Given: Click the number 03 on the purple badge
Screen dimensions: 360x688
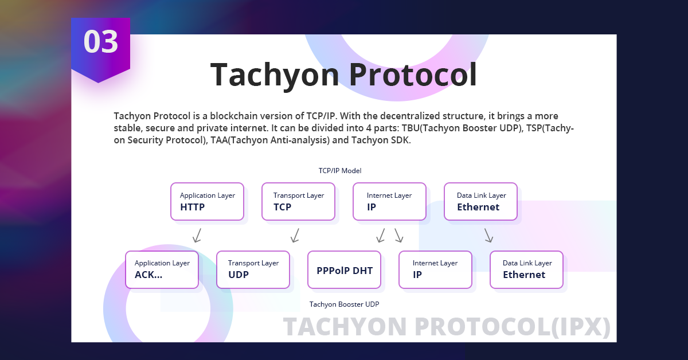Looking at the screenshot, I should [x=101, y=42].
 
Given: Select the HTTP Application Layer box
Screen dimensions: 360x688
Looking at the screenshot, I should [x=207, y=202].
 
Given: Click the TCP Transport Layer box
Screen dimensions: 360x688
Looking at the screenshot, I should [x=298, y=202].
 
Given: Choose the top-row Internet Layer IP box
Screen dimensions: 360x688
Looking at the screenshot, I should [x=389, y=202].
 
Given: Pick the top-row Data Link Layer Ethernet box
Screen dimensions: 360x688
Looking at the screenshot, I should [x=480, y=202].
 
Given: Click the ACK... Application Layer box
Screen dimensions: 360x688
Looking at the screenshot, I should [x=162, y=269].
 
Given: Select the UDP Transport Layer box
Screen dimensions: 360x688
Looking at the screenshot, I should [x=253, y=269].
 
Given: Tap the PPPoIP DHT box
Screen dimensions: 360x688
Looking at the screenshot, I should [x=344, y=269].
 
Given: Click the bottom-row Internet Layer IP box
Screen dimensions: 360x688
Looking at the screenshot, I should [x=435, y=269].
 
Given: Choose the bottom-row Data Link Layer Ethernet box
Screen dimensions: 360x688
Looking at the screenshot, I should [x=526, y=269].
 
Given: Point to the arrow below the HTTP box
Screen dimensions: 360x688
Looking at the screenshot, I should [x=197, y=236].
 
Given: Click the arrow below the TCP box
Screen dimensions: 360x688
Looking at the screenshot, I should [x=295, y=236].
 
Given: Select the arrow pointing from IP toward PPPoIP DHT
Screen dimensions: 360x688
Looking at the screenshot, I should [x=381, y=236].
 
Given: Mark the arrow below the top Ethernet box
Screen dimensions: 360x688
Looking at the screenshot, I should [x=488, y=236].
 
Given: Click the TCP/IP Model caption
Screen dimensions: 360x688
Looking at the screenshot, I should [x=340, y=171].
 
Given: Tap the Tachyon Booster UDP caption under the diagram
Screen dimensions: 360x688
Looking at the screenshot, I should [x=344, y=304].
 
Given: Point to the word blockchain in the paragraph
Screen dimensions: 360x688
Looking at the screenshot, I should [x=221, y=116].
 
